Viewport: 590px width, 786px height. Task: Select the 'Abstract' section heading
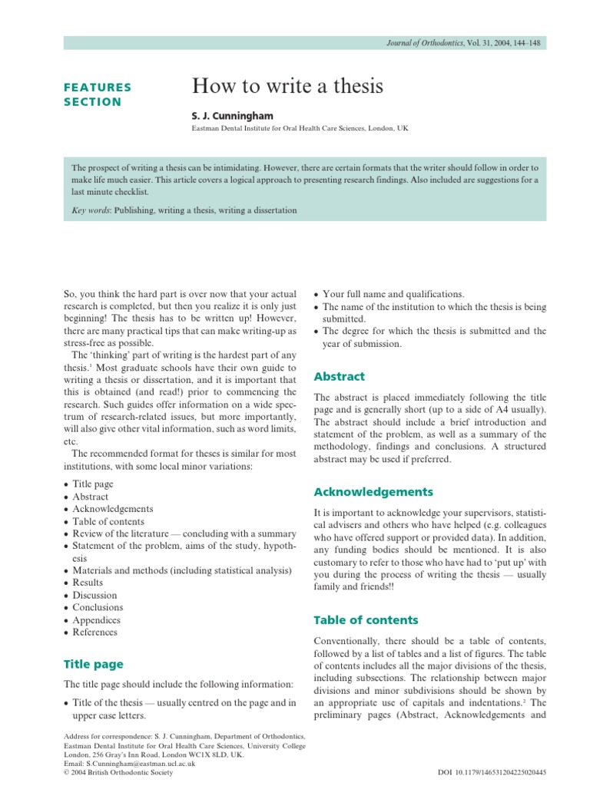[340, 377]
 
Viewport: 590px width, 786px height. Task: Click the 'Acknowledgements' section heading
[373, 492]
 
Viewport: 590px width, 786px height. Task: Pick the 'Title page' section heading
[93, 664]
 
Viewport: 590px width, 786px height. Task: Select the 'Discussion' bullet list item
[94, 595]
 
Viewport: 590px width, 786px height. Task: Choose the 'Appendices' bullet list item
[96, 619]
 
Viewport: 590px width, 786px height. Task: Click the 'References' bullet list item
[94, 632]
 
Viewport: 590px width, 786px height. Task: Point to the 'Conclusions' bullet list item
[98, 607]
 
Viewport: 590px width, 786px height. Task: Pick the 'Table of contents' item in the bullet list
[108, 521]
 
